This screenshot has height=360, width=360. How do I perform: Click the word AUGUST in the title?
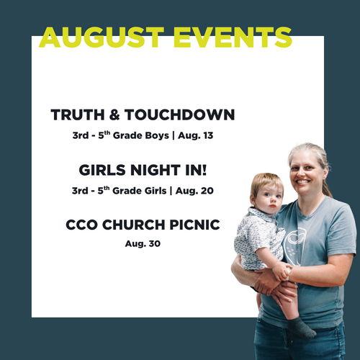click(x=102, y=37)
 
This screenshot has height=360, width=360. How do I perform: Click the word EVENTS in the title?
click(x=233, y=37)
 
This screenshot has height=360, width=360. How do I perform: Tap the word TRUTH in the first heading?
click(x=78, y=114)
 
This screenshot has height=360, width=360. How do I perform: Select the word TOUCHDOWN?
click(x=179, y=114)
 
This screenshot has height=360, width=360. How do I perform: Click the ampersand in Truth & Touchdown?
click(x=114, y=114)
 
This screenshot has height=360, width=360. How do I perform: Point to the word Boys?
click(x=157, y=135)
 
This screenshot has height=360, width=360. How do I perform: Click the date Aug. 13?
click(x=195, y=135)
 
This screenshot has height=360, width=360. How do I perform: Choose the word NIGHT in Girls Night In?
click(x=156, y=170)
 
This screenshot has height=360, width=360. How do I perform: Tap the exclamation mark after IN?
click(x=204, y=170)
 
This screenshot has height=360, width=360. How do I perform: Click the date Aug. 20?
click(x=194, y=191)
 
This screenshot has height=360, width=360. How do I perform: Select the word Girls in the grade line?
click(x=156, y=191)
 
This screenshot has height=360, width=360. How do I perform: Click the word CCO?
click(x=81, y=225)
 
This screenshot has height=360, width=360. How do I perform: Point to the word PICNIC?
click(x=194, y=225)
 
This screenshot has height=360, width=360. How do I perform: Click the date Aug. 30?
click(x=143, y=244)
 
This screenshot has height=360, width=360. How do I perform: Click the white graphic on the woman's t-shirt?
click(x=294, y=247)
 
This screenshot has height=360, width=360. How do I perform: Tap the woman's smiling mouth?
click(x=302, y=182)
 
